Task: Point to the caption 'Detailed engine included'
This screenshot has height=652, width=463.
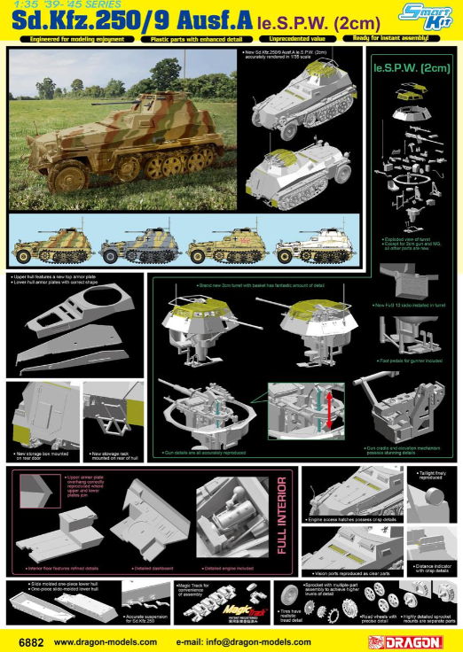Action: [229, 567]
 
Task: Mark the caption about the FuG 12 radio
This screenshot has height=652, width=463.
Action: [417, 306]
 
